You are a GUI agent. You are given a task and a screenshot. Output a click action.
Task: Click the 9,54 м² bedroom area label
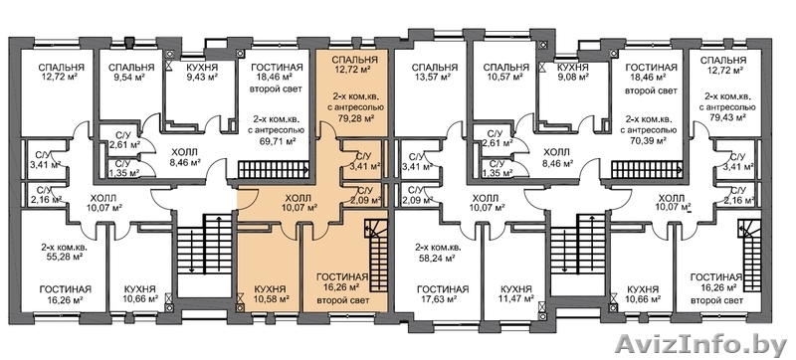[x=124, y=77]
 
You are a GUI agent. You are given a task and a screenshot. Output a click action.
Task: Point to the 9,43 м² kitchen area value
[x=202, y=77]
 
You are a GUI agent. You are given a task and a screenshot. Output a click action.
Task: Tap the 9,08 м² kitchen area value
[x=573, y=77]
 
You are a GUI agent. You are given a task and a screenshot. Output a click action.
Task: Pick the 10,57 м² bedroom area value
[x=505, y=77]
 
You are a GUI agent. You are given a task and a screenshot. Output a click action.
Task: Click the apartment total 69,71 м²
[x=279, y=141]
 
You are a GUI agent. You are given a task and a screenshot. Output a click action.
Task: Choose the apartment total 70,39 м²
[x=649, y=140]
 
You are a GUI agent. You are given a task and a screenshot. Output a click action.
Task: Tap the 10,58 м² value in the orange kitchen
[x=273, y=298]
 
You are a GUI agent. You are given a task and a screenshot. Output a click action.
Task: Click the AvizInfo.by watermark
[x=700, y=344]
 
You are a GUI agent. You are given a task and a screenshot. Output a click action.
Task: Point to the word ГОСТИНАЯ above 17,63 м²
[x=443, y=289]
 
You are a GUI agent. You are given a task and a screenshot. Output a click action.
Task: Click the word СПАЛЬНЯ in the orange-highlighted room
[x=355, y=60]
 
